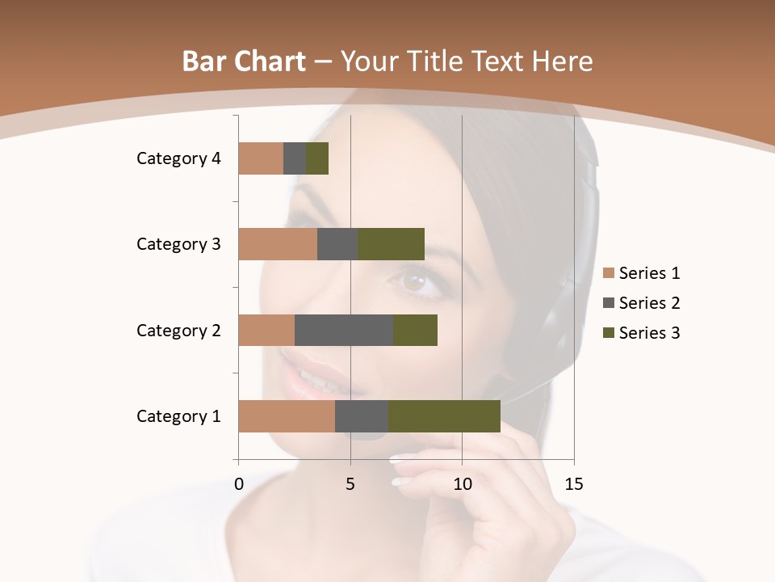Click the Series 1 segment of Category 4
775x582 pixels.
tap(261, 158)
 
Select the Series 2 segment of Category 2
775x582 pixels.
tap(344, 330)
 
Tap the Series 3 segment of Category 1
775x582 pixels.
tap(444, 416)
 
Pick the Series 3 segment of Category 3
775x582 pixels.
tap(391, 244)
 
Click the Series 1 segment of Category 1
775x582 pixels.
tap(287, 416)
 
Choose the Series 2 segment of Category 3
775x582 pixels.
tap(337, 244)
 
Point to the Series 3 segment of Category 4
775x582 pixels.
tap(317, 158)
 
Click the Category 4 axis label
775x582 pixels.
tap(178, 158)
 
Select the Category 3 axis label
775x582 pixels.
tap(178, 244)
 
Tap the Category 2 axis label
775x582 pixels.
tap(178, 330)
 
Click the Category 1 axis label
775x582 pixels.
tap(178, 416)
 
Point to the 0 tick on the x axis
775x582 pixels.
tap(239, 484)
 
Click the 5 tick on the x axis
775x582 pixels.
tap(350, 484)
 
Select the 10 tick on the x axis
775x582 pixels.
tap(462, 484)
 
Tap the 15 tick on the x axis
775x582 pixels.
tap(573, 484)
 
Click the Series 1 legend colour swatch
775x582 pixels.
tap(609, 273)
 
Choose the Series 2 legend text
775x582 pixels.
tap(649, 303)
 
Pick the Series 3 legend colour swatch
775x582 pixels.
tap(609, 333)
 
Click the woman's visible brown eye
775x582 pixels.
tap(415, 283)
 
